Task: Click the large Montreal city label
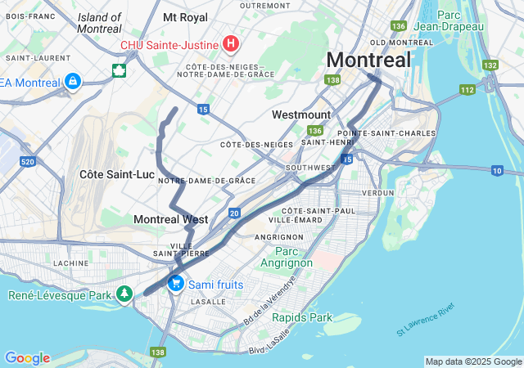[x=368, y=60]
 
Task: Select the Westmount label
[x=301, y=114]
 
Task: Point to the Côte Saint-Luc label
[x=117, y=174]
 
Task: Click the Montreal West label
[x=170, y=219]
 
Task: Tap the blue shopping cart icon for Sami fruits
[x=175, y=284]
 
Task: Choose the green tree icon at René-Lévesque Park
[x=124, y=294]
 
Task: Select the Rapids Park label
[x=302, y=317]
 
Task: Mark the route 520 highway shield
[x=27, y=162]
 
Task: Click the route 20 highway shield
[x=234, y=213]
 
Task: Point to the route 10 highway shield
[x=497, y=170]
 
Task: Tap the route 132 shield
[x=490, y=65]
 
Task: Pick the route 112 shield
[x=468, y=89]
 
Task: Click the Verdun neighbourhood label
[x=377, y=192]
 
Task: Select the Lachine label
[x=70, y=263]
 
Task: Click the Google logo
[x=27, y=358]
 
